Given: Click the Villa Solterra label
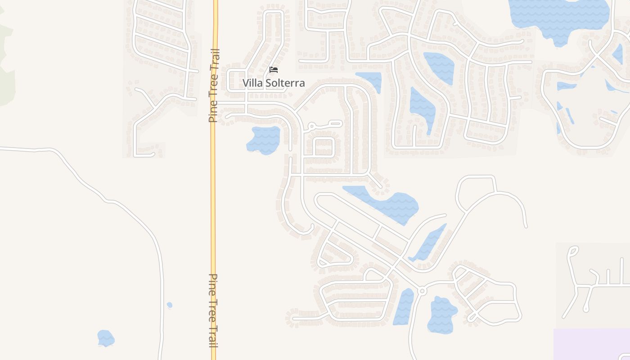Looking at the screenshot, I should coord(274,83).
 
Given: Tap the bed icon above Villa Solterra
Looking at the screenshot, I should coord(274,70).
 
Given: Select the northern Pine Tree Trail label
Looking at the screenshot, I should coord(213,85).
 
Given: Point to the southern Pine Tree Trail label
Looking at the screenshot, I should coord(213,310).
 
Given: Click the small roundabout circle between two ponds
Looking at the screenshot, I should coord(422,291).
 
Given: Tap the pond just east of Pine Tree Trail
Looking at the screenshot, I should coord(264,140).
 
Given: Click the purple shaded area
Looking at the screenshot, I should coord(592,344).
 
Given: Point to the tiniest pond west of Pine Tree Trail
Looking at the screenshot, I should coord(170,305).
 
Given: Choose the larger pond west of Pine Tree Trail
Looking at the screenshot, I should coord(106,338).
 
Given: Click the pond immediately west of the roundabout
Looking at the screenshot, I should coord(404,307).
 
